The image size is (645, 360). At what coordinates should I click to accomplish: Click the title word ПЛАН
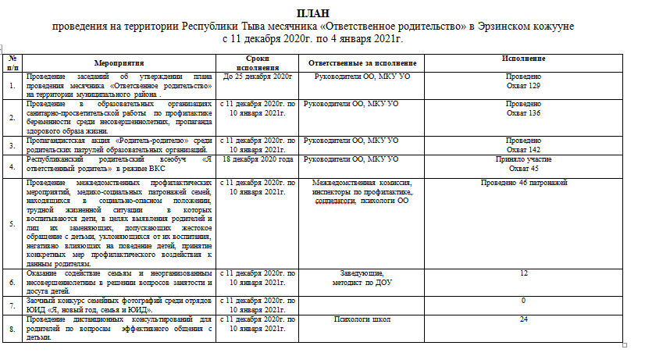point(312,14)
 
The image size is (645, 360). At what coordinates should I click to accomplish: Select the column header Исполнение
point(523,59)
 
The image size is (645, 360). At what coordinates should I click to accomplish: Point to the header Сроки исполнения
point(257,62)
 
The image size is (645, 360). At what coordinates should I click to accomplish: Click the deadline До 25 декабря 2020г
point(257,76)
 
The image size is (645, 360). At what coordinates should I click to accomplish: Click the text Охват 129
point(523,84)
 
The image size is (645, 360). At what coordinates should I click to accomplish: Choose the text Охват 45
point(523,168)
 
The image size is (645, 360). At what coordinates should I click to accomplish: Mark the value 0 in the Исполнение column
point(523,301)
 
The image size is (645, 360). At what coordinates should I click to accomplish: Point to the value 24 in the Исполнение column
point(523,319)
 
